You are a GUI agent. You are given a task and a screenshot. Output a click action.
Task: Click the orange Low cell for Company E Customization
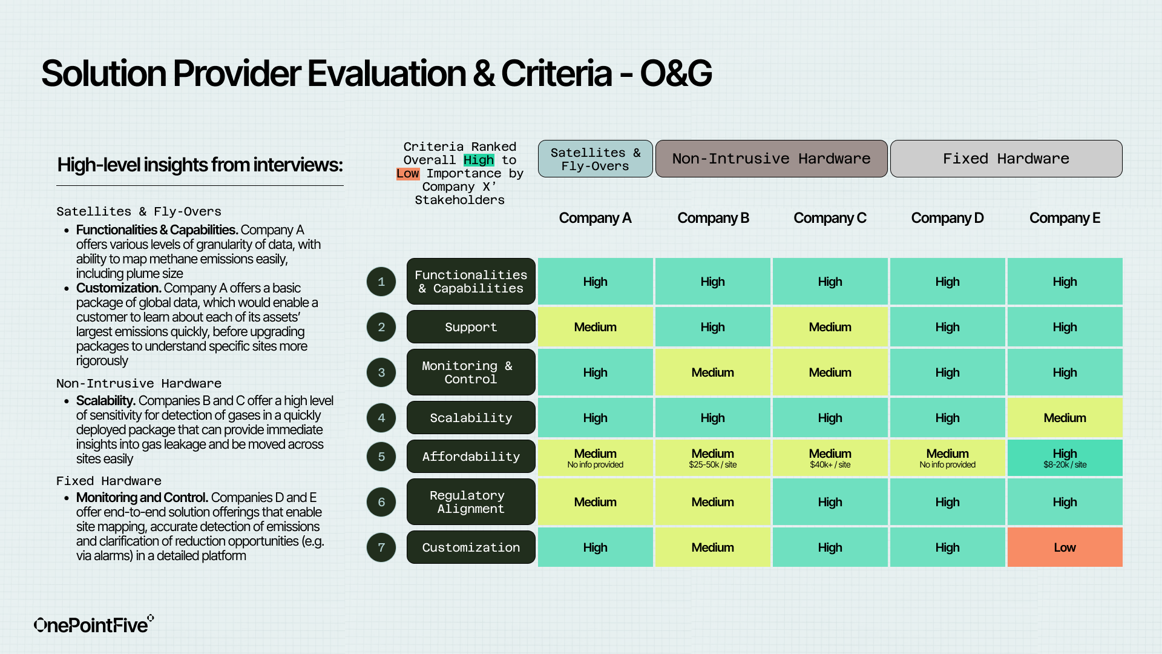[1065, 547]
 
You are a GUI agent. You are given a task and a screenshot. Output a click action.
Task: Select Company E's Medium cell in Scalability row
[1065, 418]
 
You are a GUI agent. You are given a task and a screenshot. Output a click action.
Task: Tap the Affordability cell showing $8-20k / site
[1065, 458]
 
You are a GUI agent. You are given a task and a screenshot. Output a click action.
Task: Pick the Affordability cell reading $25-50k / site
[712, 458]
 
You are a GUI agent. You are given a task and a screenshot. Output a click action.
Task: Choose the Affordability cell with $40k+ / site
[830, 458]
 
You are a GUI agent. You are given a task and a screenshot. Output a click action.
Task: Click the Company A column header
[595, 218]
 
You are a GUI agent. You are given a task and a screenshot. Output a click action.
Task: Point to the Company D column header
[947, 218]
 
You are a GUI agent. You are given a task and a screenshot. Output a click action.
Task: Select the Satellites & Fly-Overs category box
[595, 159]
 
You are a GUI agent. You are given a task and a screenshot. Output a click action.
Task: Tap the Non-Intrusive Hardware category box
[771, 159]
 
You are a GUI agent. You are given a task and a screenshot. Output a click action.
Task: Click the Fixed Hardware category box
[1006, 159]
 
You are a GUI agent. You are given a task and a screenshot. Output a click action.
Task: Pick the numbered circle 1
[381, 282]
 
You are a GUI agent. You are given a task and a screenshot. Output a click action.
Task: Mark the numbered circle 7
[381, 547]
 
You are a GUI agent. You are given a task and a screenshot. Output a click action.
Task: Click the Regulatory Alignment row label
[471, 502]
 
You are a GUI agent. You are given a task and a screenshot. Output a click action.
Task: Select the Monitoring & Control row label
[471, 372]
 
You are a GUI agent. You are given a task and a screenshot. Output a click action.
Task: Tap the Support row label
[471, 327]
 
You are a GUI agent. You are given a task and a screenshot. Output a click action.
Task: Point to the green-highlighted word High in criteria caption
[479, 160]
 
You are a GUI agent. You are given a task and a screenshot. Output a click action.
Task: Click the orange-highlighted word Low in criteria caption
[407, 174]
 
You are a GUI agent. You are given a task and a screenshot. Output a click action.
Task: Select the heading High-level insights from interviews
[200, 165]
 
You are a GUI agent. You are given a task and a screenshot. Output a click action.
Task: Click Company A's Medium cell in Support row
[595, 327]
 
